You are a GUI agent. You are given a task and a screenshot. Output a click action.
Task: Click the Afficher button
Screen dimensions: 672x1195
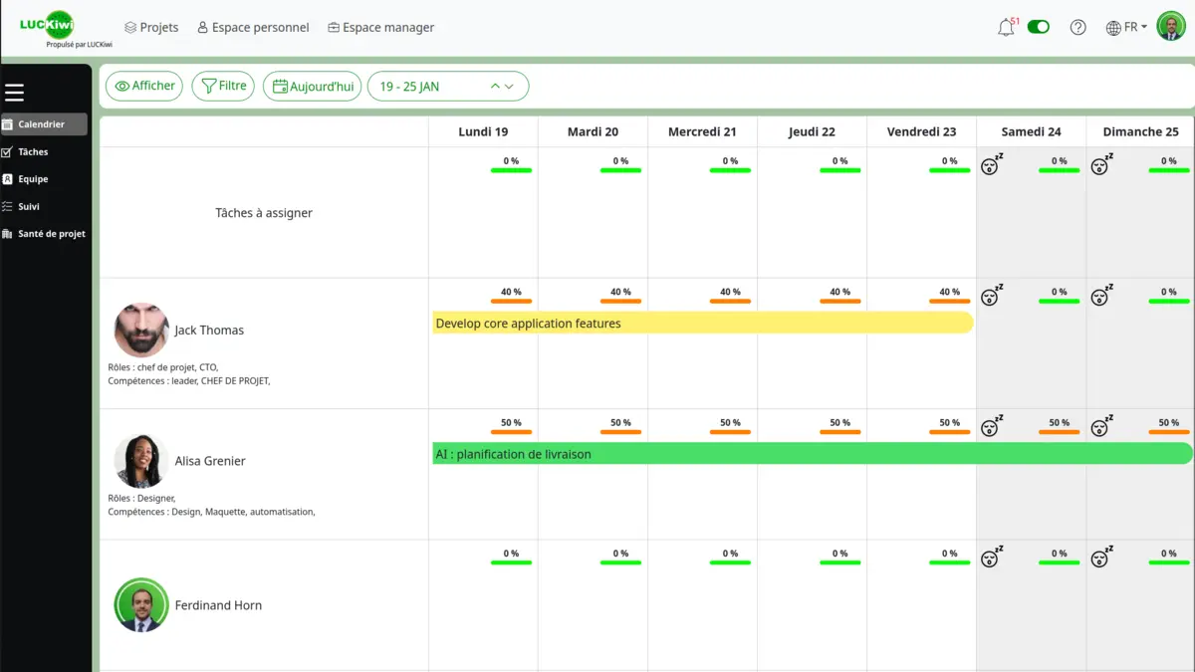144,87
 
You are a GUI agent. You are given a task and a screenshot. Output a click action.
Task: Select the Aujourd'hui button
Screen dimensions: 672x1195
312,87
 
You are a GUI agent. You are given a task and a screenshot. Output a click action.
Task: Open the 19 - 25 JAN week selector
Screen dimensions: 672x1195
448,87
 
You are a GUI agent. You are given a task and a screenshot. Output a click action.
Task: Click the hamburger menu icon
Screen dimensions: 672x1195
14,93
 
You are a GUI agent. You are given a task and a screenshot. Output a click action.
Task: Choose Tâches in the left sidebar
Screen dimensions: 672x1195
33,152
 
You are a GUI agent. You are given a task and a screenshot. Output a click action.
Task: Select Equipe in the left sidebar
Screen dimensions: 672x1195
33,179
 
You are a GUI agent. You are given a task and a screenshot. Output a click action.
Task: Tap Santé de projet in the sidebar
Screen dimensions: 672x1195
51,234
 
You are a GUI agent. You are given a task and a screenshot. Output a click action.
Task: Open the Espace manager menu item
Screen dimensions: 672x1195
380,28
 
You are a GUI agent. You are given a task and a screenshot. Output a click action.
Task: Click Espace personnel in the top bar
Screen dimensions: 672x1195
253,28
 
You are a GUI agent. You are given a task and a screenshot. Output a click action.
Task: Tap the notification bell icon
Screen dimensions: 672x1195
1006,28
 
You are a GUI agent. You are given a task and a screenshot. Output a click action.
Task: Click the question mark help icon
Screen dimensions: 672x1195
1077,28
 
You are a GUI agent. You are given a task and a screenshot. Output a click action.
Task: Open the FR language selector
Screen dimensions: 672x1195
1127,28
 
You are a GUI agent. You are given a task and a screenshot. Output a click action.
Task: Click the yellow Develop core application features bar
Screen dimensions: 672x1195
702,323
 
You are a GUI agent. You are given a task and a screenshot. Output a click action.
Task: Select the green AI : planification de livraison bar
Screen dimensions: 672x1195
812,454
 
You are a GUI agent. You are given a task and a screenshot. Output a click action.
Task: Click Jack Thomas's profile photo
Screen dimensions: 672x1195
141,331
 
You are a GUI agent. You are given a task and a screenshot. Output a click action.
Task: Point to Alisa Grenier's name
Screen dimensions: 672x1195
210,461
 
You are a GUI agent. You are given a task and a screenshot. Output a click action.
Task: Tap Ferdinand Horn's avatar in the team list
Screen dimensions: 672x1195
141,605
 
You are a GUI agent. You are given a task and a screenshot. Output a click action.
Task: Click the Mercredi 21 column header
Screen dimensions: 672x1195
702,131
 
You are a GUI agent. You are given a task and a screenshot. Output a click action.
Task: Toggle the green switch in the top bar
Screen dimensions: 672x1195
1039,27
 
